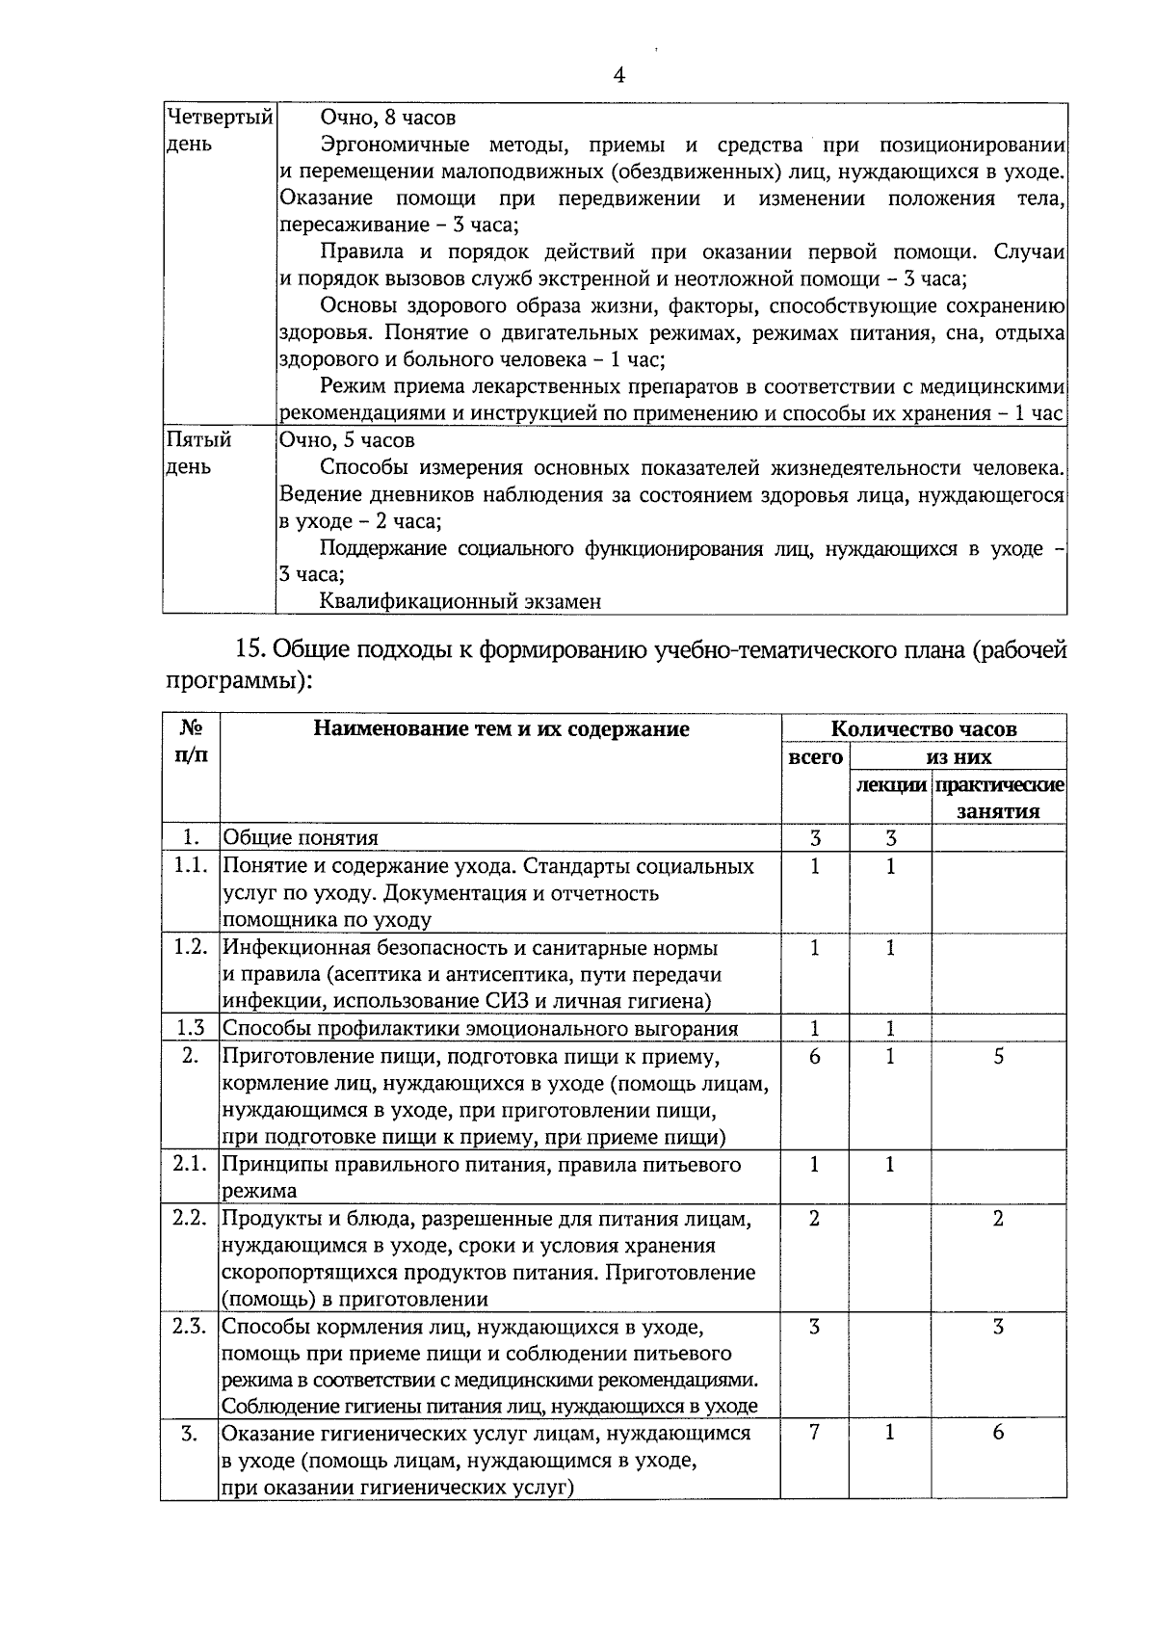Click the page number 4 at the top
618,76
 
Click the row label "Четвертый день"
218,130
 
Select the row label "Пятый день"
198,453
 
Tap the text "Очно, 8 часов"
387,118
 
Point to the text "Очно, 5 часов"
347,440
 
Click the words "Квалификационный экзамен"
460,602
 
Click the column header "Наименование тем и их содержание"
501,729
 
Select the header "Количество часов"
923,729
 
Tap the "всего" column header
815,757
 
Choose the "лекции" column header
891,784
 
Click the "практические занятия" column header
999,798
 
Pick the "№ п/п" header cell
190,742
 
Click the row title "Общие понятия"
301,838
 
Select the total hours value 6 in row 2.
815,1056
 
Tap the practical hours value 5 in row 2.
999,1056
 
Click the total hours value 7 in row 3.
815,1433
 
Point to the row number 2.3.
190,1327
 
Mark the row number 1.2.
190,947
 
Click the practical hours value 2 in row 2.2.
999,1219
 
